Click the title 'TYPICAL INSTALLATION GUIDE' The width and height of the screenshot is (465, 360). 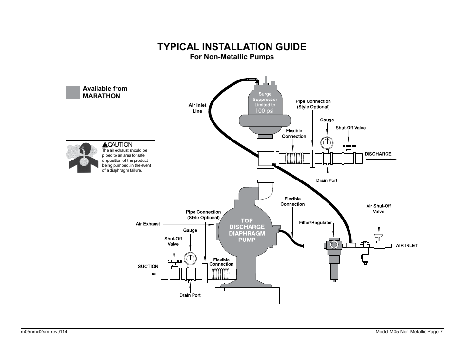[232, 47]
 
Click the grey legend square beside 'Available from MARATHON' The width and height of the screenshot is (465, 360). [73, 92]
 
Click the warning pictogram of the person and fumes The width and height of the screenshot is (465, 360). [83, 157]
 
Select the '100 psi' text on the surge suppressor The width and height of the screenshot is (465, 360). [265, 111]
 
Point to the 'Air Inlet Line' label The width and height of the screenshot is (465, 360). [197, 108]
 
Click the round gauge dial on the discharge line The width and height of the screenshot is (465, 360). [327, 142]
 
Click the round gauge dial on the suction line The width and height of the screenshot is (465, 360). [190, 259]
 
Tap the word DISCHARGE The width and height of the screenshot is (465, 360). [378, 154]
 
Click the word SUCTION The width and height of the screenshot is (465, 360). [148, 266]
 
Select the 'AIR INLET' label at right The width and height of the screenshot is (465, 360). [407, 246]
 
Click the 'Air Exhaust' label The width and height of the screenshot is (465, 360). [148, 224]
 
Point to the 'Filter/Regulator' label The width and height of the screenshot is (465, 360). [315, 223]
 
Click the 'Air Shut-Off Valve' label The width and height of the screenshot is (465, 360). [379, 209]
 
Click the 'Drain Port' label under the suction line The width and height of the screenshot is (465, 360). [190, 295]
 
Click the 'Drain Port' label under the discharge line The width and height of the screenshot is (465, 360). [327, 180]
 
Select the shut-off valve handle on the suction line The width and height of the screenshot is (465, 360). [174, 262]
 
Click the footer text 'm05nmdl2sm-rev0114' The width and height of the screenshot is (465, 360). [44, 332]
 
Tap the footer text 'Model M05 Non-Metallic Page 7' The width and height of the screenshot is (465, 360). [409, 332]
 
